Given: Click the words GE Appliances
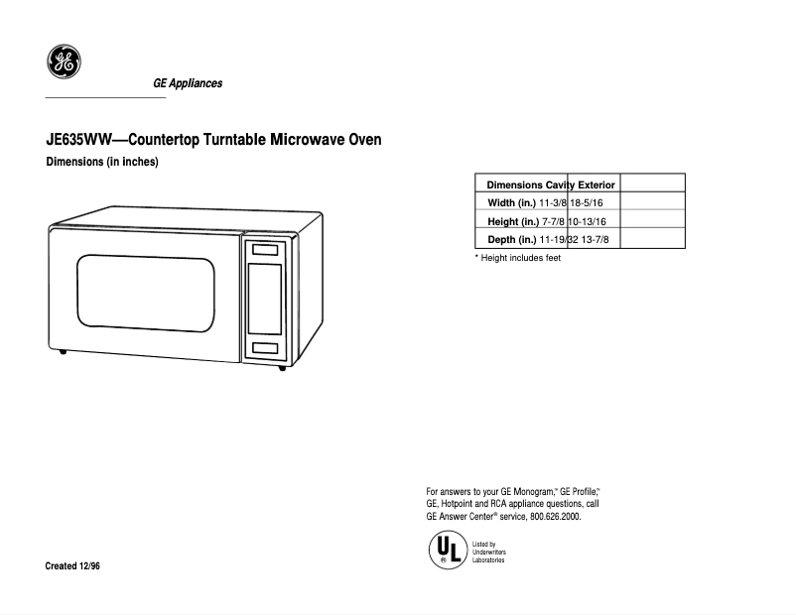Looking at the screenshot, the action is click(188, 83).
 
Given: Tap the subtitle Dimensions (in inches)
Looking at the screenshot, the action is click(103, 162).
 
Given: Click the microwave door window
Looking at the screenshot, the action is click(146, 289).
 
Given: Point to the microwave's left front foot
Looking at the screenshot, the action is click(64, 353).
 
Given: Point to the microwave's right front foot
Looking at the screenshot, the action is click(282, 368).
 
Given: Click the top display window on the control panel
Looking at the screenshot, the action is click(265, 250).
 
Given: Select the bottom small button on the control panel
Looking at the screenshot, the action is click(265, 348).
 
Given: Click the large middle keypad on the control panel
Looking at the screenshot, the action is click(265, 299).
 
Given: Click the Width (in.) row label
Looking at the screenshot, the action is click(512, 203).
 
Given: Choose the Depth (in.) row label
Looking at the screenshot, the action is click(512, 239).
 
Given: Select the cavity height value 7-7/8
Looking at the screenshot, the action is click(554, 221).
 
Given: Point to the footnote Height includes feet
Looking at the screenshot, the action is click(518, 258).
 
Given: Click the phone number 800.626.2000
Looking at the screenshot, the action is click(555, 517).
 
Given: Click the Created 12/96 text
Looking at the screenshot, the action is click(72, 565).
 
